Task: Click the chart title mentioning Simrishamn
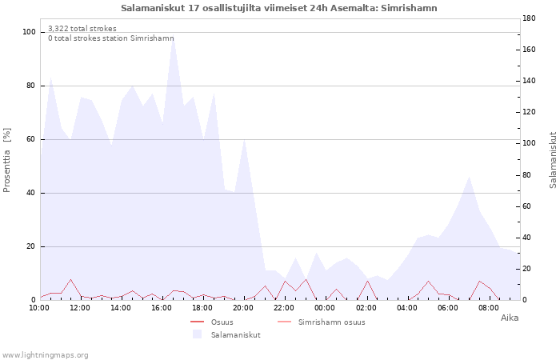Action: tap(279, 8)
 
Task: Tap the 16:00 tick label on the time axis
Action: tap(162, 308)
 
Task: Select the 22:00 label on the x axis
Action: tap(284, 308)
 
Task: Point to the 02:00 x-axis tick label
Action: tap(366, 308)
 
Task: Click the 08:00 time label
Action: tap(489, 308)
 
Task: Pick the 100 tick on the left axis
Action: tap(29, 32)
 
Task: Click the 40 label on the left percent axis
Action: tap(31, 193)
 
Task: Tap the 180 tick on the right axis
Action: tap(529, 18)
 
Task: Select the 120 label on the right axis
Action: tap(529, 112)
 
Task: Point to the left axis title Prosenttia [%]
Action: tap(6, 160)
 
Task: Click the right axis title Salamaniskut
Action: tap(553, 160)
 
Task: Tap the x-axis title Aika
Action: tap(510, 318)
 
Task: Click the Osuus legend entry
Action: tap(212, 322)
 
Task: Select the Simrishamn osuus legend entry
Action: tap(322, 322)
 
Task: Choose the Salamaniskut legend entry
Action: tap(226, 334)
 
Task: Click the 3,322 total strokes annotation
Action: tap(82, 29)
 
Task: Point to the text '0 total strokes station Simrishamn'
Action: tap(111, 38)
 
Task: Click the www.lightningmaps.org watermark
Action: tap(45, 355)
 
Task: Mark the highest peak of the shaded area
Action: tap(173, 35)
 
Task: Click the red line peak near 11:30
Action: tap(70, 280)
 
